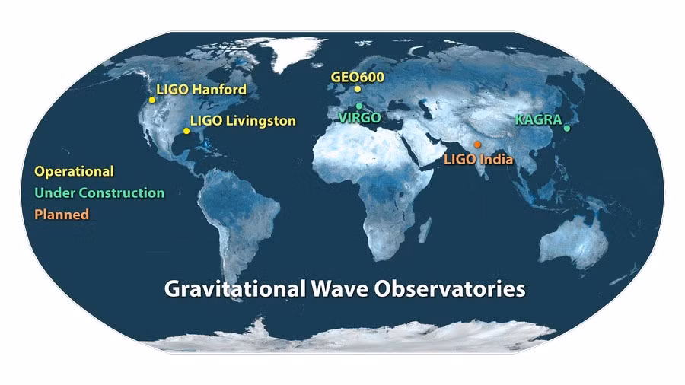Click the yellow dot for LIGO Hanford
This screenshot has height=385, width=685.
[x=152, y=100]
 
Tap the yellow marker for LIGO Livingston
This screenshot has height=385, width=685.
[x=186, y=131]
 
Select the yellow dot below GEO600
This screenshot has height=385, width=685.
[x=358, y=89]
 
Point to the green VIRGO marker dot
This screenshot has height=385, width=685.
[x=359, y=106]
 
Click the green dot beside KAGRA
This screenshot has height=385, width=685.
[x=566, y=129]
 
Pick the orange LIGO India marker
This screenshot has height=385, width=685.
[x=477, y=145]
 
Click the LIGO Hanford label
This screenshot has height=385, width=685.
[x=202, y=90]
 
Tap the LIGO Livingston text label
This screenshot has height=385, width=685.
[x=243, y=121]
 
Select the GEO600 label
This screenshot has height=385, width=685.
[x=358, y=78]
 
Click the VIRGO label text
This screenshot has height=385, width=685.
[x=360, y=117]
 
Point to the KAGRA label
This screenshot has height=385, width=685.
[x=538, y=119]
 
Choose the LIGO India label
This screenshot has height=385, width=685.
[x=479, y=159]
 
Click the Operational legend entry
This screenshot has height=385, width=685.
[x=75, y=171]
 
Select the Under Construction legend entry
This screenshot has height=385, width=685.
[x=100, y=193]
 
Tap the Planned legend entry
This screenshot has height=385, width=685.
[x=62, y=215]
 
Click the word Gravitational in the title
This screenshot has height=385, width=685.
[x=234, y=289]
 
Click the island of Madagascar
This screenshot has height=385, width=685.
[x=425, y=230]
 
